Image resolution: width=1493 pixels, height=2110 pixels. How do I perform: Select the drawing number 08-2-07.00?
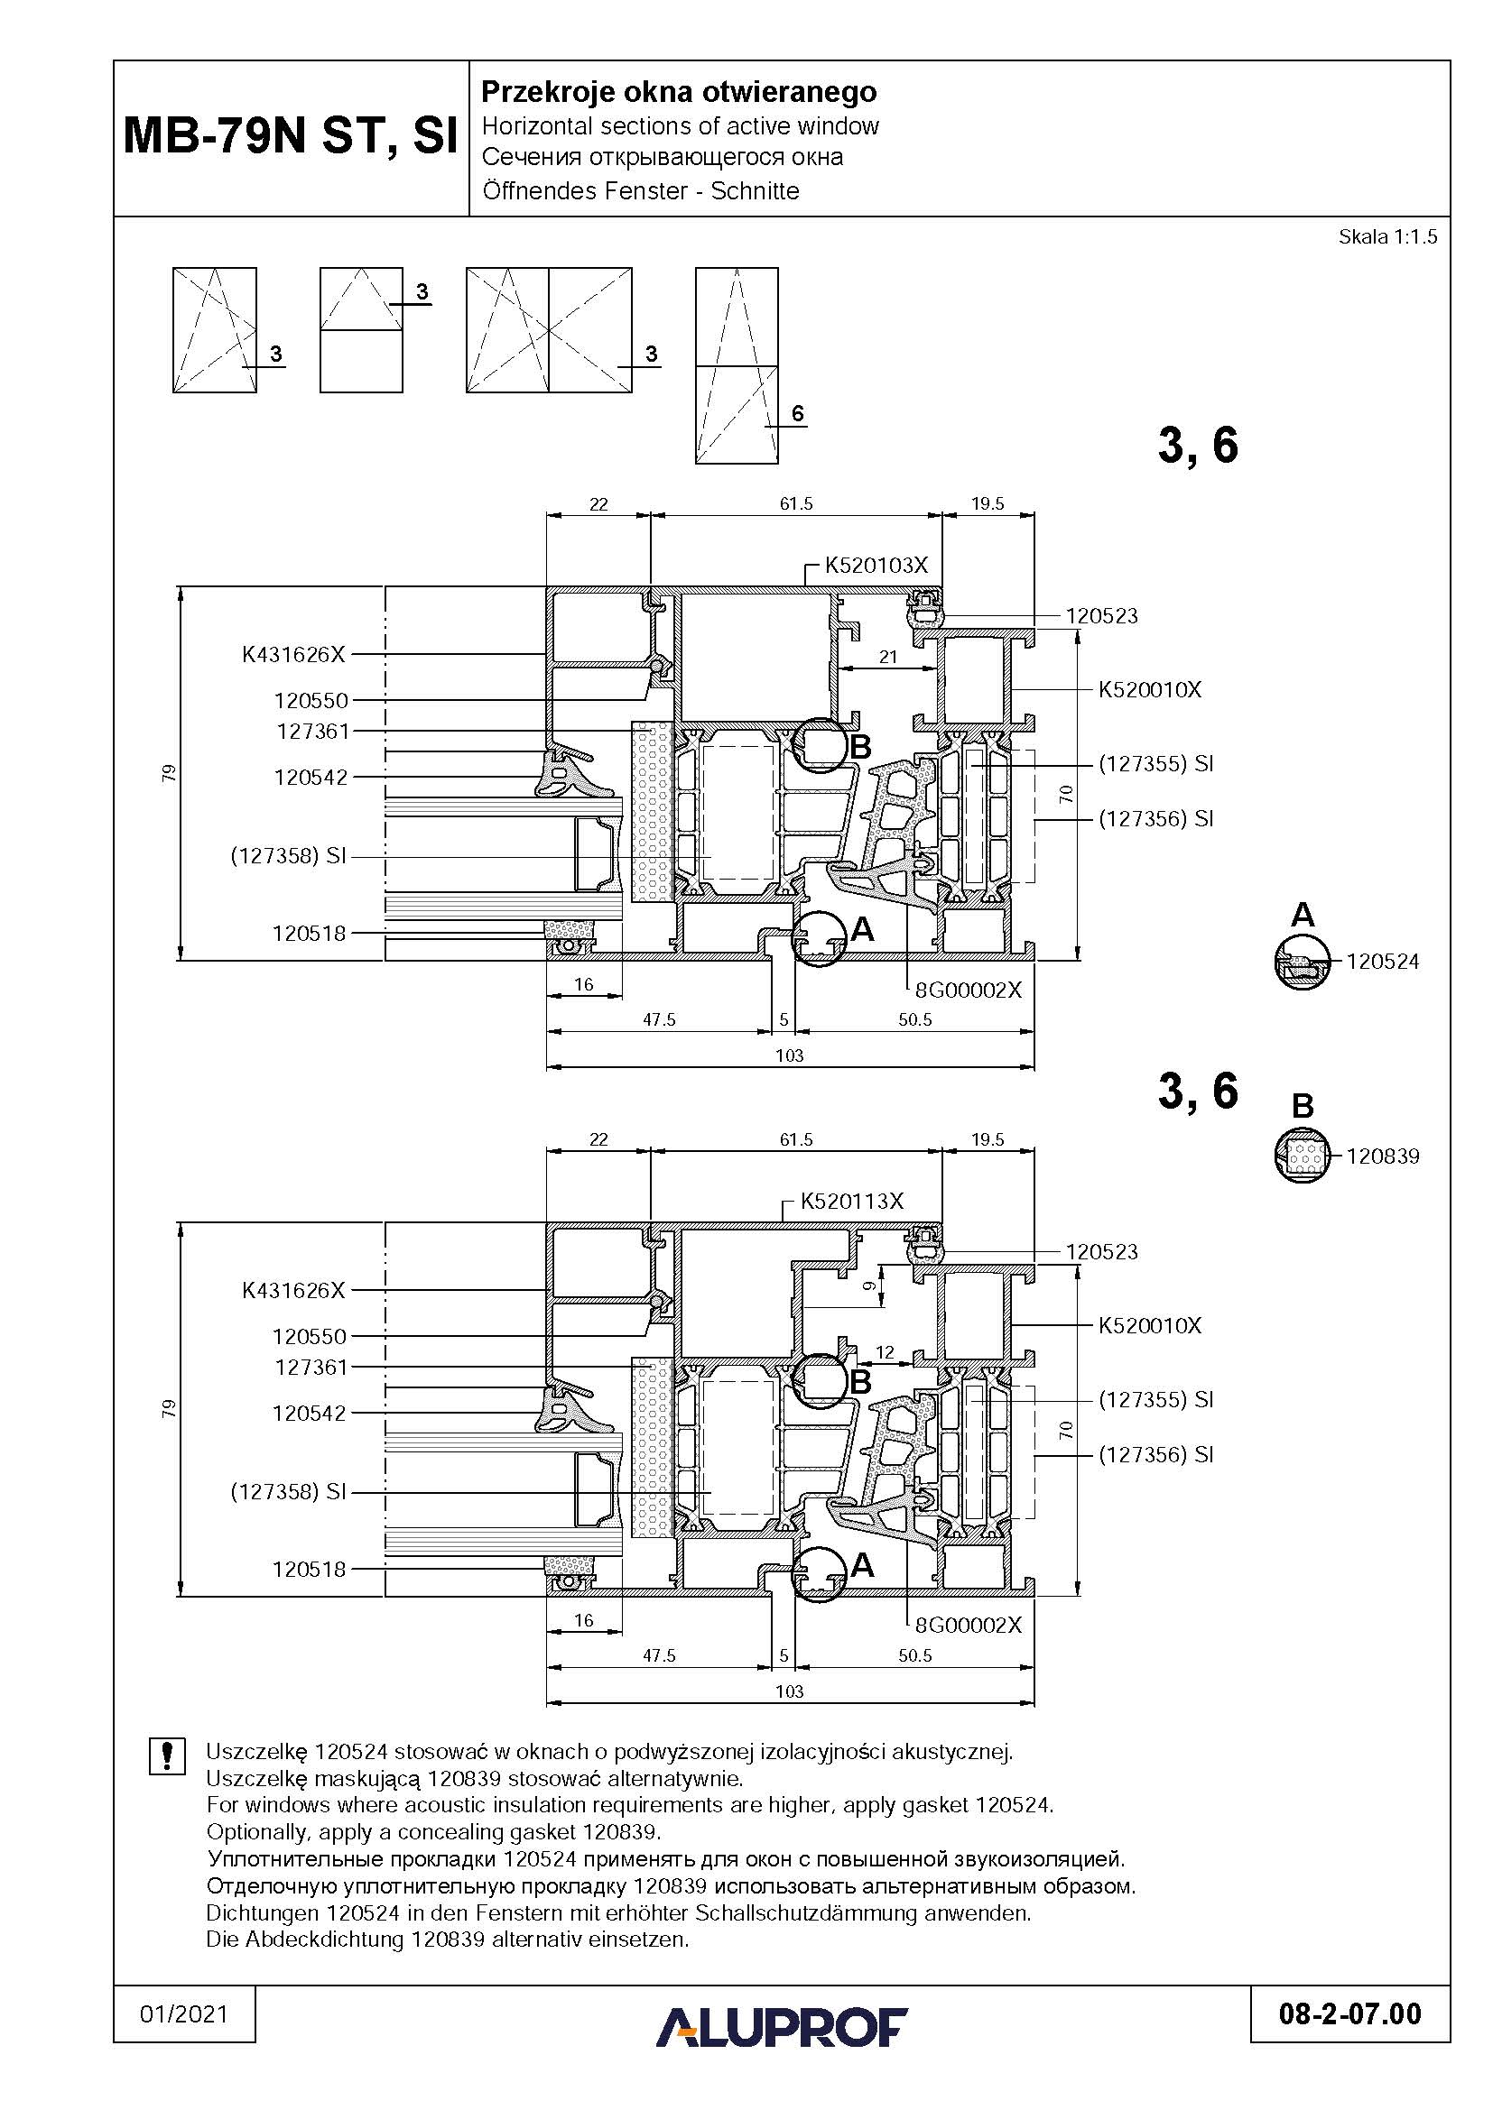(1349, 2014)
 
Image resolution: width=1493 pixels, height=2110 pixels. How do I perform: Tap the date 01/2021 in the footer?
(184, 2014)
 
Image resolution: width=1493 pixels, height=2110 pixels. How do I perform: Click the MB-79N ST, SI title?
(291, 136)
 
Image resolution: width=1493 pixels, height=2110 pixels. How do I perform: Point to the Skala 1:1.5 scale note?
(1387, 237)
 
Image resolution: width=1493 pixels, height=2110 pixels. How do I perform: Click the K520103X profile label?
(876, 566)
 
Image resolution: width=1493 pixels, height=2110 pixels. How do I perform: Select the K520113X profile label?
(852, 1201)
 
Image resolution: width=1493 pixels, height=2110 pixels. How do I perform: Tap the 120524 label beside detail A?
(1383, 963)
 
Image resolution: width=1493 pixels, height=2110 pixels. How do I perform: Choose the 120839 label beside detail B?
(1383, 1156)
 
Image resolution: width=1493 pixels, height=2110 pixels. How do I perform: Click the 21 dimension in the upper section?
(888, 657)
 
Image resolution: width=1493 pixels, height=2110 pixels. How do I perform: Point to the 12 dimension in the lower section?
(885, 1353)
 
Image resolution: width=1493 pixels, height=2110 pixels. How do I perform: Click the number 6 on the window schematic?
(797, 413)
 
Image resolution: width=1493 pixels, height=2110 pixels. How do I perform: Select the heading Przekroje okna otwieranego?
(680, 92)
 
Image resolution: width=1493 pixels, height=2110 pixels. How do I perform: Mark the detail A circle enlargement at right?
(1303, 963)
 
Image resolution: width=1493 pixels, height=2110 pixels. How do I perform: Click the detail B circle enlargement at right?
(1303, 1156)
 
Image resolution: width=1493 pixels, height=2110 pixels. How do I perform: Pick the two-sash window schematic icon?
(549, 330)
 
